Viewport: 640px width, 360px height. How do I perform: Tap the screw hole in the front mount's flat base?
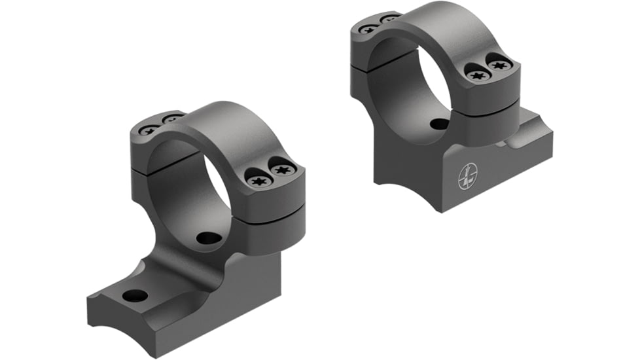click(135, 295)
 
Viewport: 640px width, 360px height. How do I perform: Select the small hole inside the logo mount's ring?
click(440, 124)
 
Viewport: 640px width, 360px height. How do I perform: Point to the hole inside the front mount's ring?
click(209, 238)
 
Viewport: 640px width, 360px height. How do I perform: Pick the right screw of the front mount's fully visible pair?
click(282, 170)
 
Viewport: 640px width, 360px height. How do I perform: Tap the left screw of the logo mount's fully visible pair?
click(478, 75)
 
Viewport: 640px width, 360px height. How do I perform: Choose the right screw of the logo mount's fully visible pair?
click(500, 65)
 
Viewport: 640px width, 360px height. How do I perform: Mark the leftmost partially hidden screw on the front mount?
click(149, 130)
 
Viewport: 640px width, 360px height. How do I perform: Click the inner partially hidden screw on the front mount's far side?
click(173, 119)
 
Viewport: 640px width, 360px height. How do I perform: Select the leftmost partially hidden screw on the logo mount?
click(368, 29)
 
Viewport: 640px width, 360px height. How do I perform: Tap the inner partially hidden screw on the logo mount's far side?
click(390, 18)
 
